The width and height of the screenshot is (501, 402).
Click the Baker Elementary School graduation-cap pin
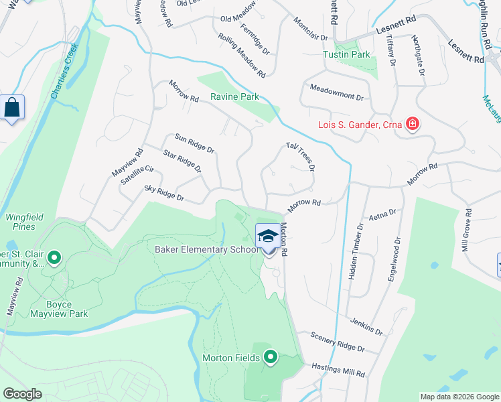[268, 237]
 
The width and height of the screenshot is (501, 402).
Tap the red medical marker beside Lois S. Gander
[413, 124]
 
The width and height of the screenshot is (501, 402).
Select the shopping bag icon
[12, 107]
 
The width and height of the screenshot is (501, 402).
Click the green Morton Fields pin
[271, 357]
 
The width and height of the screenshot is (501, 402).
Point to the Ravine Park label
[234, 96]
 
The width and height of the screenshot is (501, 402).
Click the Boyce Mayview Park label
[59, 308]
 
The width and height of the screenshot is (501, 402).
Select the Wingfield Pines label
[20, 222]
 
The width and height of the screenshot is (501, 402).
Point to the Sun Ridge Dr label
[194, 143]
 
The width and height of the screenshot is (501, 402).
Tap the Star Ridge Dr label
[182, 161]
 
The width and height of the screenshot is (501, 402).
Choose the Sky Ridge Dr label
[163, 195]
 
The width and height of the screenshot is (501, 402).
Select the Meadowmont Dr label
[336, 92]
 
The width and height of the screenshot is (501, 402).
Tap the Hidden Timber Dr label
[355, 251]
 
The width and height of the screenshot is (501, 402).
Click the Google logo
[23, 394]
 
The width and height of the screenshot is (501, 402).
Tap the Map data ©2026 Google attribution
[459, 396]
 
